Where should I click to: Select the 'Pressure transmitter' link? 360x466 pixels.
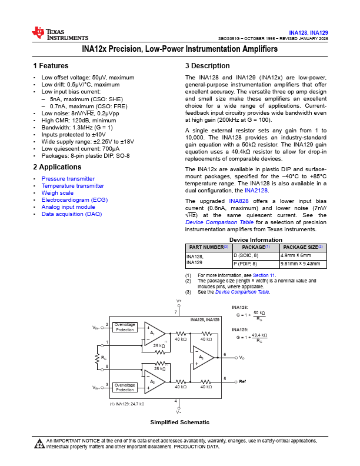click(x=68, y=179)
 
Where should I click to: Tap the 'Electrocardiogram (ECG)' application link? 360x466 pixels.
click(x=74, y=200)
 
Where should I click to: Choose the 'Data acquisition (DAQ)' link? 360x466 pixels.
click(x=71, y=214)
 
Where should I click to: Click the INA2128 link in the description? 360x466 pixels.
click(x=256, y=190)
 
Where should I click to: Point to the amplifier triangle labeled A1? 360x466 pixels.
click(x=154, y=333)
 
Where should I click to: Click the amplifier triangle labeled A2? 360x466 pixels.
click(x=154, y=381)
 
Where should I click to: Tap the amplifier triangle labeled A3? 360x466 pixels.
click(x=202, y=357)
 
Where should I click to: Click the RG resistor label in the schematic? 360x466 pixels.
click(x=104, y=357)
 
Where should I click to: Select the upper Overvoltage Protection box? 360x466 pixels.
click(x=125, y=327)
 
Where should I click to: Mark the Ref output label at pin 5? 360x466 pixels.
click(x=242, y=381)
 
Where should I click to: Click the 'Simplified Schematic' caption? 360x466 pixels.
click(x=179, y=422)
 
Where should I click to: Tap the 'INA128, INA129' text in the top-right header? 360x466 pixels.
click(x=309, y=32)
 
